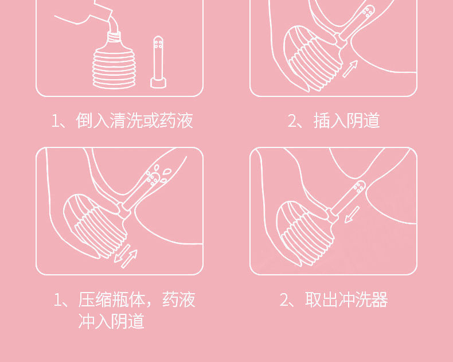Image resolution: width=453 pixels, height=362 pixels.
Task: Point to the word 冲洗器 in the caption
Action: pos(364,299)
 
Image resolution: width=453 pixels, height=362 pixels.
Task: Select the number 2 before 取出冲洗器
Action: pos(284,300)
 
